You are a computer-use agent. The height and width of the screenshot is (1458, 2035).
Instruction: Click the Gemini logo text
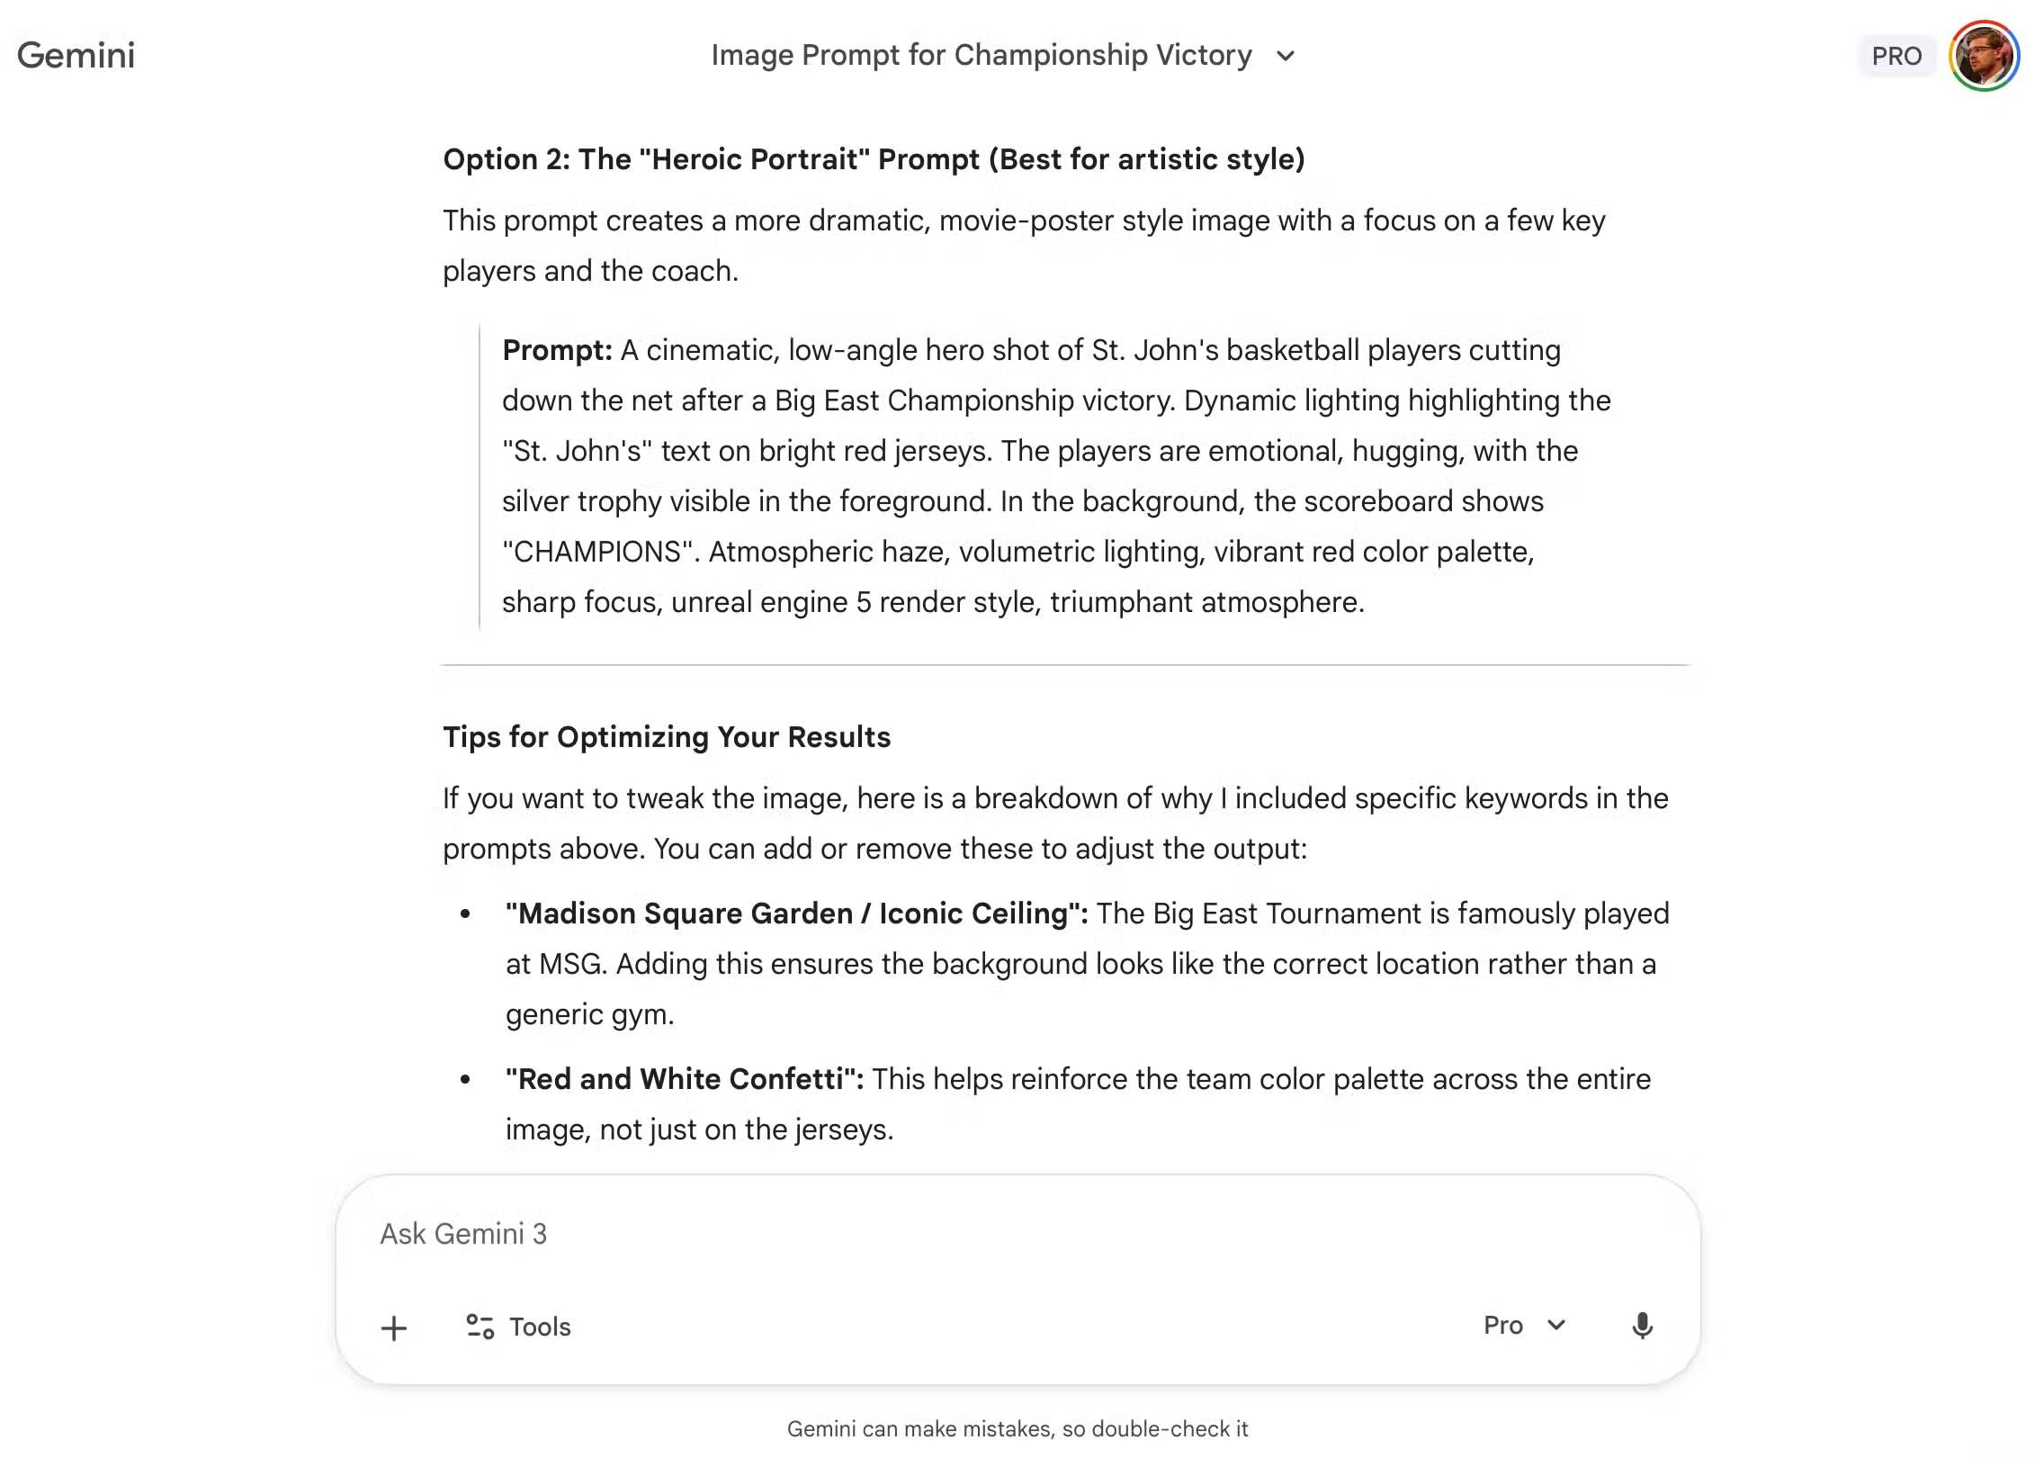[x=76, y=56]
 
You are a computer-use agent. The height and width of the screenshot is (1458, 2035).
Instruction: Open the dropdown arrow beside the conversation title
[x=1286, y=56]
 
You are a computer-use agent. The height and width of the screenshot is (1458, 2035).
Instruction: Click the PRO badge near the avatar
[x=1896, y=56]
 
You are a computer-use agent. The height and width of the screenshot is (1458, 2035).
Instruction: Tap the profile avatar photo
[x=1983, y=56]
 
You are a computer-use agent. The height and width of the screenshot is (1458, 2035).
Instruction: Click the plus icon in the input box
[x=394, y=1327]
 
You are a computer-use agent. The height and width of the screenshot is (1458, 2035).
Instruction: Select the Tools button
[x=519, y=1327]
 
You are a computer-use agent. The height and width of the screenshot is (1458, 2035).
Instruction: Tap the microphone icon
[x=1642, y=1326]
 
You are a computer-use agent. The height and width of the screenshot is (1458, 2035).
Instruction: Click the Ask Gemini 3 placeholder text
[x=463, y=1234]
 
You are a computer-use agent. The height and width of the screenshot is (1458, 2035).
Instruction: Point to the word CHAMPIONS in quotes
[x=597, y=552]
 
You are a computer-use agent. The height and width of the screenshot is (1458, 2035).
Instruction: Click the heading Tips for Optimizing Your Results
[x=667, y=737]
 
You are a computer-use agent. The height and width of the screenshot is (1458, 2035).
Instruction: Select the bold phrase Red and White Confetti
[x=684, y=1079]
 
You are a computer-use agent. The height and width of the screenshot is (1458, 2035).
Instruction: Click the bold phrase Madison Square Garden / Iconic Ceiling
[x=796, y=913]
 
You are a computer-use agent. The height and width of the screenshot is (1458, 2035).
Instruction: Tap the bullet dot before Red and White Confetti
[x=465, y=1079]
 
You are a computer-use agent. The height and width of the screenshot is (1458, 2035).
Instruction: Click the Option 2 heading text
[x=874, y=159]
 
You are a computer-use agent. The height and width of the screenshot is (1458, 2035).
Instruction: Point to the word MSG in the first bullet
[x=572, y=964]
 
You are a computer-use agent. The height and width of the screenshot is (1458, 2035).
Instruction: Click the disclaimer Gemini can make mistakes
[x=1017, y=1429]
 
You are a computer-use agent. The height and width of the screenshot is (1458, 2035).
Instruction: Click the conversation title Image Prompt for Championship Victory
[x=982, y=56]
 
